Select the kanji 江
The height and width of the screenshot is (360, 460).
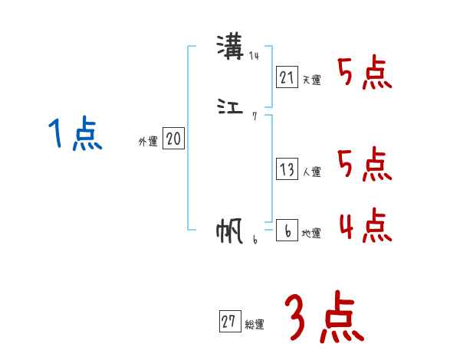point(231,108)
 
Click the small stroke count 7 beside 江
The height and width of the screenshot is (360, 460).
point(255,116)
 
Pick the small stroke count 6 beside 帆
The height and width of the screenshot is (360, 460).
point(255,239)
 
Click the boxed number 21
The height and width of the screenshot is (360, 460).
point(287,77)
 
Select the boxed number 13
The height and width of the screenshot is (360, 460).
point(287,170)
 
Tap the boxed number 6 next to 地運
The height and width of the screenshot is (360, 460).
point(287,231)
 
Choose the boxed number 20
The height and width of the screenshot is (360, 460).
point(173,139)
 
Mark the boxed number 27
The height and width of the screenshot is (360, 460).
point(228,322)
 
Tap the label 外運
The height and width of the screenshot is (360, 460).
point(148,142)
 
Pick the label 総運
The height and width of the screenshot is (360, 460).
point(255,325)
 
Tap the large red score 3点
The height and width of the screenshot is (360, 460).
point(323,318)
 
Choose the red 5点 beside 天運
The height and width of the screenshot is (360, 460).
point(365,74)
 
